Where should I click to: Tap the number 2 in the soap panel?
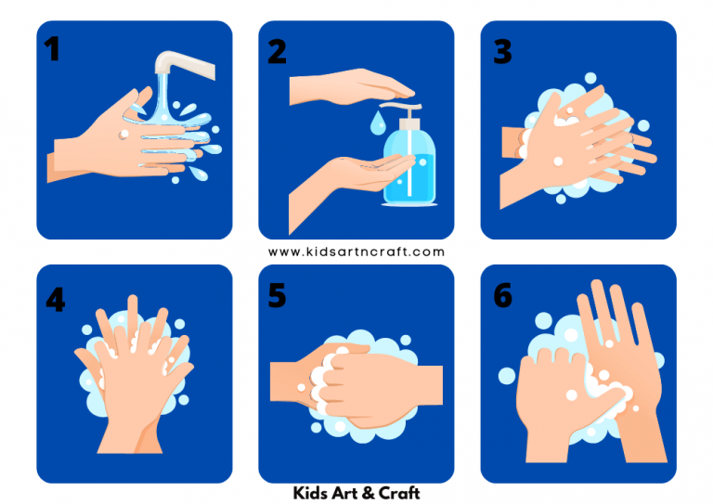tap(277, 51)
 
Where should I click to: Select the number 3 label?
tap(502, 51)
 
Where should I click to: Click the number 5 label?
tap(277, 295)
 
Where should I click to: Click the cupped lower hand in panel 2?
tap(348, 176)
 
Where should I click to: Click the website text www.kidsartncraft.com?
tap(356, 252)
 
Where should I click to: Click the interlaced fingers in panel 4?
tap(135, 353)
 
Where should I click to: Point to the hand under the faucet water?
tap(130, 139)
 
